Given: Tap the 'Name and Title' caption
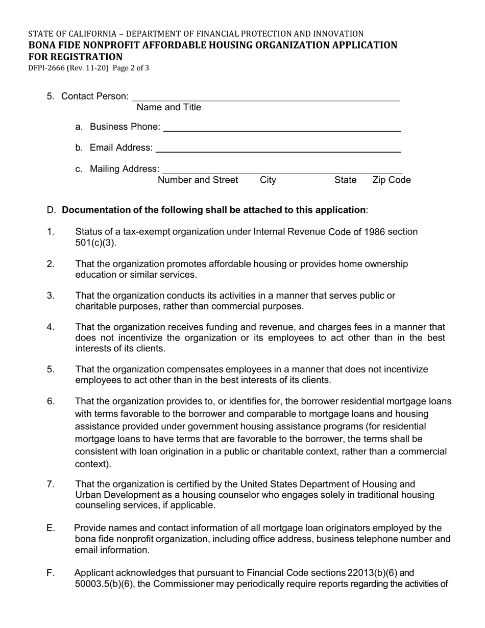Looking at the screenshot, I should tap(169, 107).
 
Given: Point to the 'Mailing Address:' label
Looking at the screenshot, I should tap(125, 168).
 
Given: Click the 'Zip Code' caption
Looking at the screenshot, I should tap(392, 180).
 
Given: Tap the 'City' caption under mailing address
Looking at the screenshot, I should tap(268, 180).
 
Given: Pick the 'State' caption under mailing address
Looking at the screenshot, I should tap(346, 180).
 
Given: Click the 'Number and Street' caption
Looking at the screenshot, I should tap(198, 180).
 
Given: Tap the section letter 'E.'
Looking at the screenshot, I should tap(51, 528).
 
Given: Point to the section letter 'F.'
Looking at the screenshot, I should tap(51, 573).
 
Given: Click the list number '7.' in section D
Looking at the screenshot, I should tap(51, 484).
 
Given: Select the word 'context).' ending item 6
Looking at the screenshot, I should tap(93, 464).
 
